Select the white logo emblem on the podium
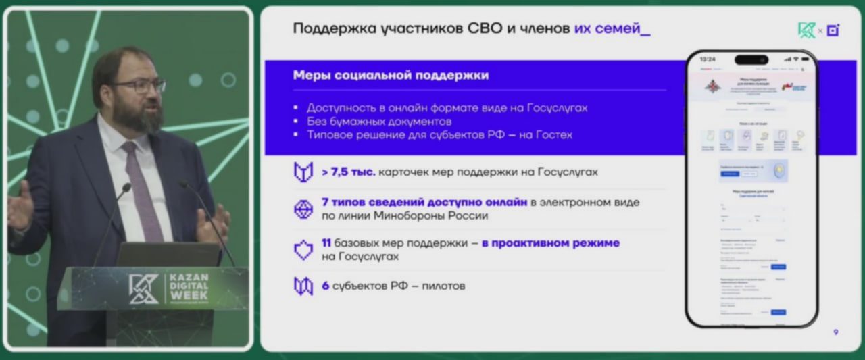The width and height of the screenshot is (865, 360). [144, 288]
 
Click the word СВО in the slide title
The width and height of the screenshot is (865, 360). [485, 29]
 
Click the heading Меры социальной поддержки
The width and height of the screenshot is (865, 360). [391, 76]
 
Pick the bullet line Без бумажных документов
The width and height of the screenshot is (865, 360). [378, 122]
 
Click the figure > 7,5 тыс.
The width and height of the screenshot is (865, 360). [349, 172]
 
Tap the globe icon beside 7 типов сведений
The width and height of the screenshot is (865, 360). [303, 209]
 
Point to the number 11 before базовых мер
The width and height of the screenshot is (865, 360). [326, 242]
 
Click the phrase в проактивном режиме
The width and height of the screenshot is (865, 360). [550, 242]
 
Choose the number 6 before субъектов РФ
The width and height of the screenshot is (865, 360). [325, 286]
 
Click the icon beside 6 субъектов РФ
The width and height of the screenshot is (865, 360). [303, 286]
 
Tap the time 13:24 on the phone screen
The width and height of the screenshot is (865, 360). [708, 59]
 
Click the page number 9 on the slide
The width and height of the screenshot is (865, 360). [836, 332]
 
